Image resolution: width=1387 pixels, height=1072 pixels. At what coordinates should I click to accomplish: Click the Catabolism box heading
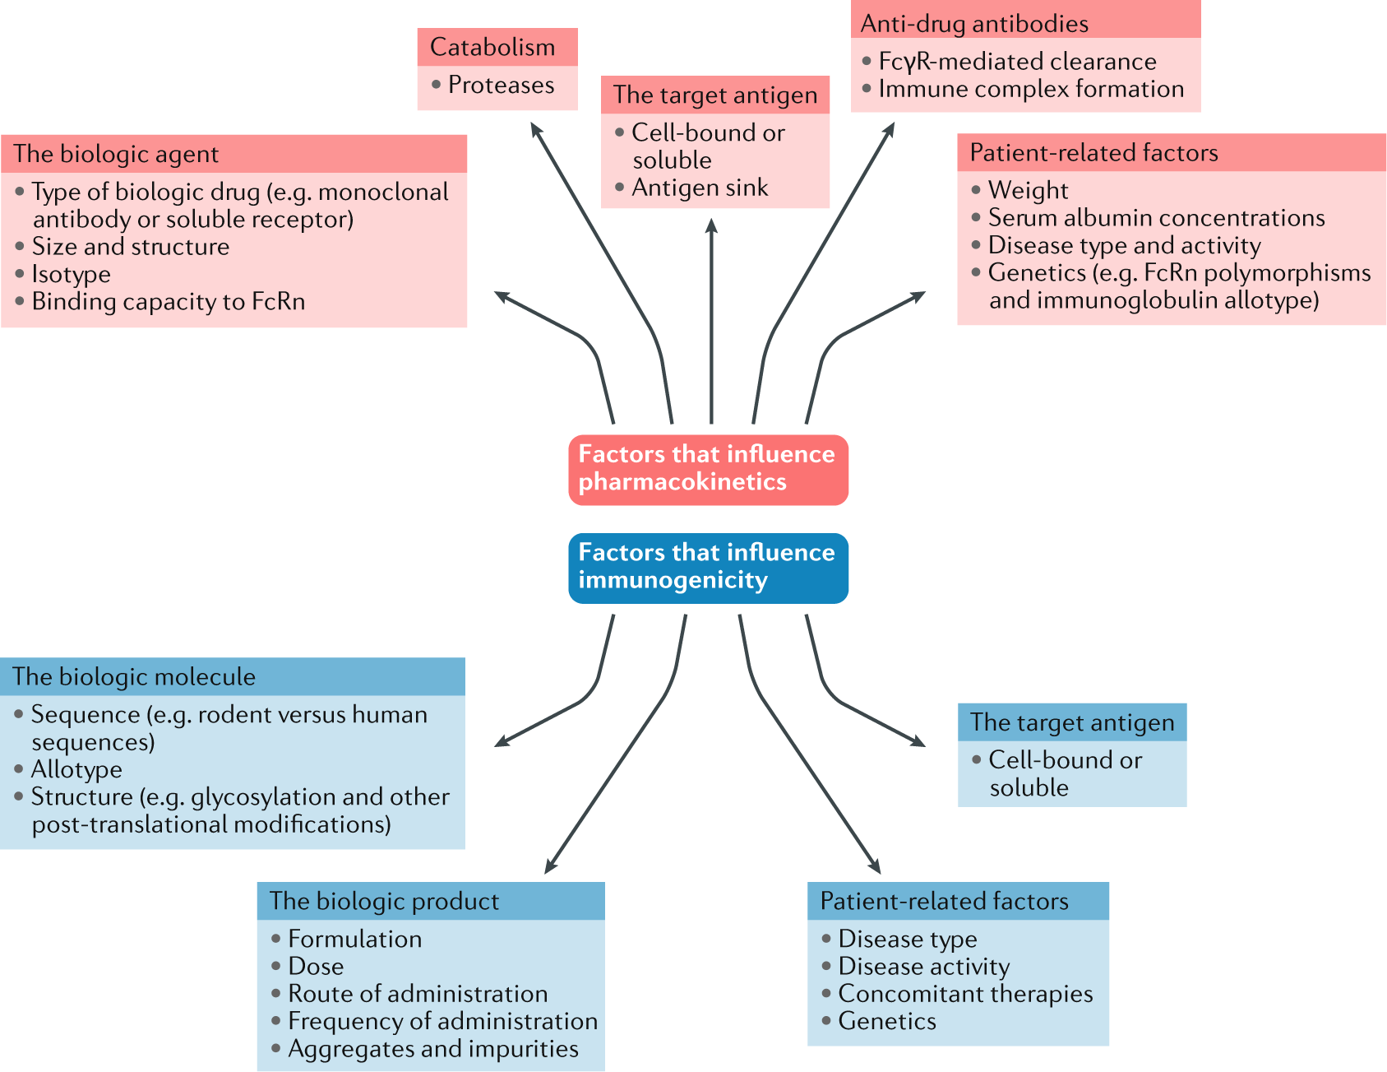click(x=493, y=48)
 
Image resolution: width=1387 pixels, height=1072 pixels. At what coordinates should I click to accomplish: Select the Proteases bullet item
click(x=501, y=86)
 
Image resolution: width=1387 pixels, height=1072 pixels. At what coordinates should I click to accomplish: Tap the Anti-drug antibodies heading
click(x=974, y=24)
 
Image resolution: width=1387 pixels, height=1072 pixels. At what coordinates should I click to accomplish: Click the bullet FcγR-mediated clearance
click(x=1017, y=62)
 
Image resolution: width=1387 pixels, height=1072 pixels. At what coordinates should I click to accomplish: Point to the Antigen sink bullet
click(x=699, y=188)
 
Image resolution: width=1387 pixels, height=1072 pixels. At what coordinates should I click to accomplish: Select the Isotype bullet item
click(x=71, y=275)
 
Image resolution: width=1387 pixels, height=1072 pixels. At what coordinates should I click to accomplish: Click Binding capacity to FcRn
click(x=168, y=302)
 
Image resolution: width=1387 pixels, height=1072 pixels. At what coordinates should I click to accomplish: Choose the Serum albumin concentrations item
click(x=1156, y=218)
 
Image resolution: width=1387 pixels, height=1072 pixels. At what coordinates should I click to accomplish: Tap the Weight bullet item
click(x=1028, y=191)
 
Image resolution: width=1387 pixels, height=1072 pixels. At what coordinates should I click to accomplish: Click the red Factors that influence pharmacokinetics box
click(x=708, y=469)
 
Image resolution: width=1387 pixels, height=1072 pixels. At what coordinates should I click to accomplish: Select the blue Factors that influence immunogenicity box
click(x=708, y=568)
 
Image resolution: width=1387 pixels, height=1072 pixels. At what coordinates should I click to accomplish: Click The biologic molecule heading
click(x=134, y=677)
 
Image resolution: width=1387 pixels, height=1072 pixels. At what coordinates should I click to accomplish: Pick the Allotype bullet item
click(x=76, y=770)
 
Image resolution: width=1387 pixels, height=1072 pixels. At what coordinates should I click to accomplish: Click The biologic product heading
click(x=384, y=902)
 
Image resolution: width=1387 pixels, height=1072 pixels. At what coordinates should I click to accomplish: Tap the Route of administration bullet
click(x=418, y=994)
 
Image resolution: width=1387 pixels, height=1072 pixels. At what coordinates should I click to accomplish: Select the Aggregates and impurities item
click(x=433, y=1049)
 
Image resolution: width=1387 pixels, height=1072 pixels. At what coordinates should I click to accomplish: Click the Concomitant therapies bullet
click(x=965, y=994)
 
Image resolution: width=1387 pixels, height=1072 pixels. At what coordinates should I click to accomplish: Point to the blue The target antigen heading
click(x=1072, y=722)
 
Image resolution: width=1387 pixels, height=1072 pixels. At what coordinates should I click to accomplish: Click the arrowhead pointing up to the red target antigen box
click(x=711, y=225)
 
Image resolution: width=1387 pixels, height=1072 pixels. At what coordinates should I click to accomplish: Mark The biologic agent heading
click(x=116, y=155)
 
